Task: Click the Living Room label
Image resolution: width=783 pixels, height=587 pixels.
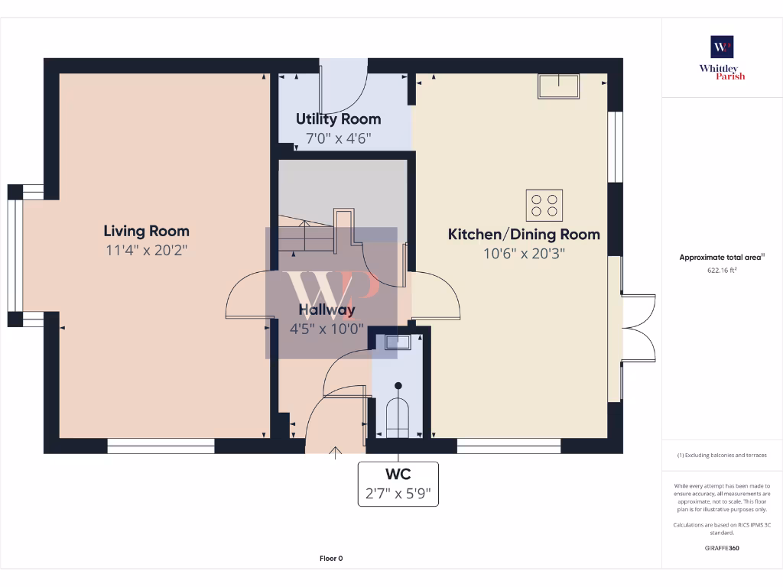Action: (x=146, y=231)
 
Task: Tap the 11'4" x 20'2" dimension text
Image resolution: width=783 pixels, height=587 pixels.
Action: (x=146, y=250)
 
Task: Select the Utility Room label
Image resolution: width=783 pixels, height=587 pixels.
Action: (x=338, y=119)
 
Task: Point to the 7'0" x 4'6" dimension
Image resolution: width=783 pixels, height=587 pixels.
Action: (x=338, y=138)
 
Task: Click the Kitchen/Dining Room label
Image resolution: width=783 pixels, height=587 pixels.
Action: (x=524, y=235)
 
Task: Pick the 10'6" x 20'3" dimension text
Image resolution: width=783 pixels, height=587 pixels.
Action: (x=524, y=254)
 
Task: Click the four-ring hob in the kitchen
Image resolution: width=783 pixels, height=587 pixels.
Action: (x=544, y=205)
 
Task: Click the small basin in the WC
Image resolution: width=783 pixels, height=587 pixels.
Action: (x=398, y=342)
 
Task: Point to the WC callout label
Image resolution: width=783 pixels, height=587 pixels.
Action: (x=398, y=475)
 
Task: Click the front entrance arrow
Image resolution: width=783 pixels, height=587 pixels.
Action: (x=335, y=452)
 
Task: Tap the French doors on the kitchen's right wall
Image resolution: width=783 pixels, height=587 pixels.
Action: (x=638, y=327)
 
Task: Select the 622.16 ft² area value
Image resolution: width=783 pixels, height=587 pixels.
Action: (x=722, y=270)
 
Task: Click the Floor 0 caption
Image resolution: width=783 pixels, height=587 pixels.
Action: (x=331, y=559)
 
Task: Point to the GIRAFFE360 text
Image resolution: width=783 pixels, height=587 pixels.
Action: (x=722, y=548)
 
